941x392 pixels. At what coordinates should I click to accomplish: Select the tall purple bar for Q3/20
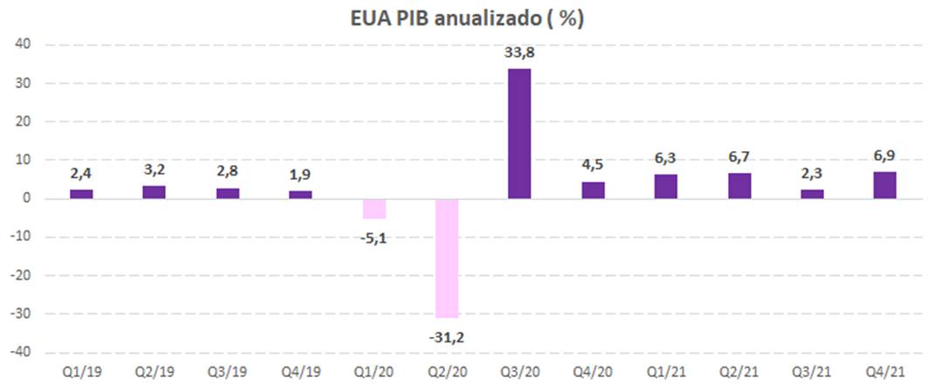coord(519,134)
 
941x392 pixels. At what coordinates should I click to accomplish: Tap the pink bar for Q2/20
coord(447,258)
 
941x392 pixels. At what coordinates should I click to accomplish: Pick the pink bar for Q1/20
coord(374,209)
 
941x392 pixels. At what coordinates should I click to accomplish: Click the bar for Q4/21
coord(884,185)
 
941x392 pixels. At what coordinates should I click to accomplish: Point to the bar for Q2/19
coord(155,192)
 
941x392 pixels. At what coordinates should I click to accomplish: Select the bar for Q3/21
coord(812,194)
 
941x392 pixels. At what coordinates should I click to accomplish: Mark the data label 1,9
coord(300,176)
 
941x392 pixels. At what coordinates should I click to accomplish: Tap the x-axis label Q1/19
coord(81,371)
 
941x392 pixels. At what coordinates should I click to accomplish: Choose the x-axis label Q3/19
coord(227,371)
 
